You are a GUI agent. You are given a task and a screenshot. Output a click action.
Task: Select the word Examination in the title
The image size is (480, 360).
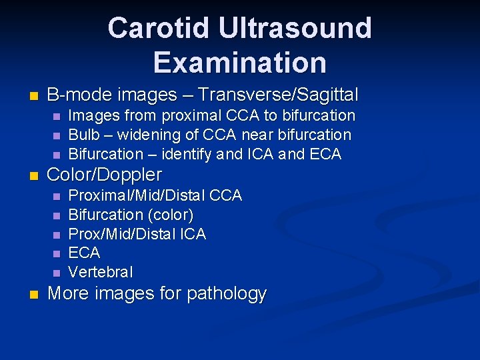coord(240,62)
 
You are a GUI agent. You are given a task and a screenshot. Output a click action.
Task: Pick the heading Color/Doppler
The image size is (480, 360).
coord(105,175)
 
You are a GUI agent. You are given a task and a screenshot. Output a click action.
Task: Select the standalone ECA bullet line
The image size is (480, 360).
coord(84,253)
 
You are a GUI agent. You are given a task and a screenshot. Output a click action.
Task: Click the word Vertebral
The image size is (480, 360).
coord(101,273)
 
